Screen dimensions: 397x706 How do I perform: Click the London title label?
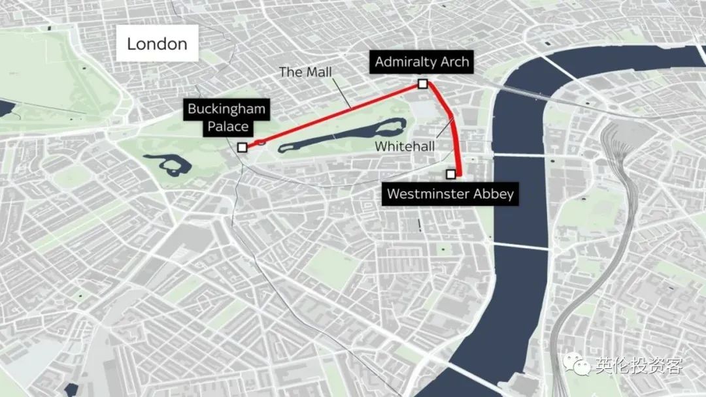156,44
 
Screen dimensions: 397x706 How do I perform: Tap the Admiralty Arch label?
422,63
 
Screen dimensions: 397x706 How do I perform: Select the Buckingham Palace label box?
227,118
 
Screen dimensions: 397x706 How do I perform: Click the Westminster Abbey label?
450,194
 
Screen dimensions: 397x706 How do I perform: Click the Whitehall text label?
404,147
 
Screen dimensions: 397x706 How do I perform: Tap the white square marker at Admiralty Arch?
422,84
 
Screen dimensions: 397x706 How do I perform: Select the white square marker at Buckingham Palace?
243,148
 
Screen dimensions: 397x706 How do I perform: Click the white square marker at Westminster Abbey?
450,174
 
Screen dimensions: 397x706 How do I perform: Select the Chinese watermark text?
638,367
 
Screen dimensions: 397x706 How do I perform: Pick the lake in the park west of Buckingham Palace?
172,165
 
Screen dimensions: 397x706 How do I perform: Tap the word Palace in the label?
227,126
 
